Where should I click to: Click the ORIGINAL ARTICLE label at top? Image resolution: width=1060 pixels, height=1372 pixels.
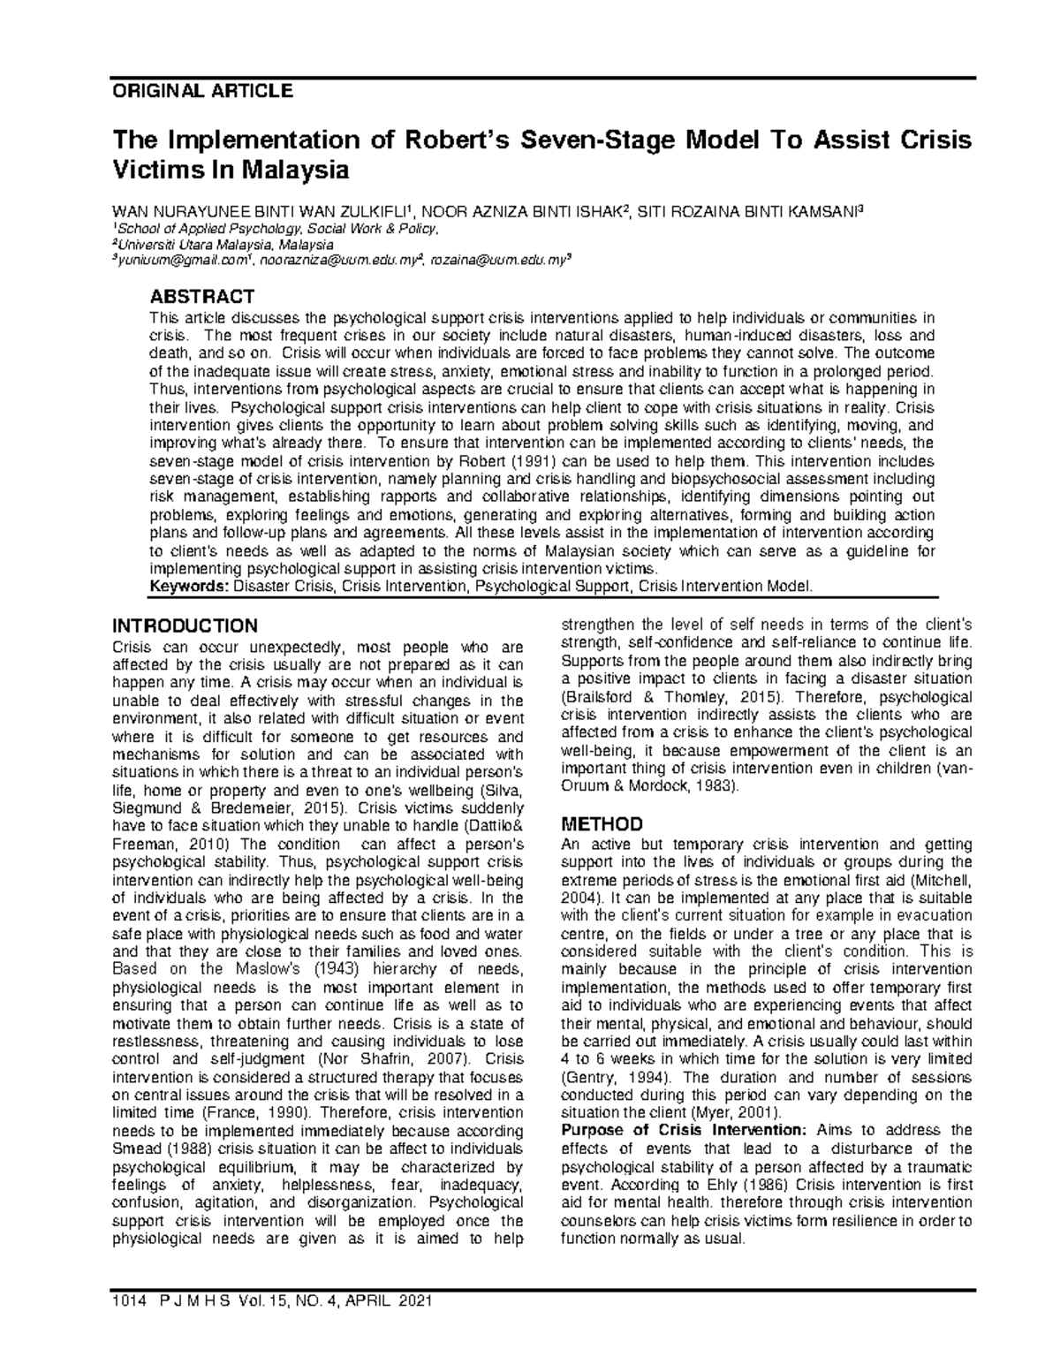coord(201,90)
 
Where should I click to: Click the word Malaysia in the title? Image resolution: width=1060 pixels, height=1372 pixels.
coord(291,171)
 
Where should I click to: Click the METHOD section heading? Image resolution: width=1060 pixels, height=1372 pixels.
coord(602,824)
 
